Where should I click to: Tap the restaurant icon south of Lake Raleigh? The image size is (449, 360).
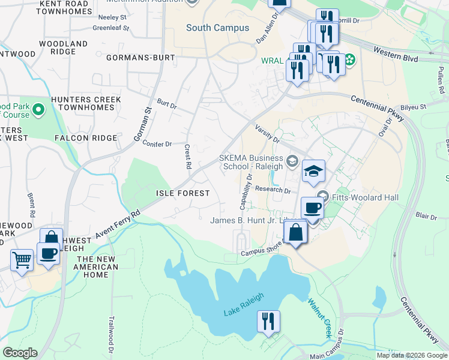click(268, 321)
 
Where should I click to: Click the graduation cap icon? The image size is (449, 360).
click(313, 172)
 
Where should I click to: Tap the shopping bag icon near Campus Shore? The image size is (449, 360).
click(295, 232)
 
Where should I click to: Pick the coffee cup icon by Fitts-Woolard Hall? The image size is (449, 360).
click(312, 208)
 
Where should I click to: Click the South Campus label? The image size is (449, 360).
click(217, 28)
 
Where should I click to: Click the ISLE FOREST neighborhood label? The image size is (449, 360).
click(182, 193)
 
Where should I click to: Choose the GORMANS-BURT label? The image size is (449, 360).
click(140, 58)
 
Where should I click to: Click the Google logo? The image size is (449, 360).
click(19, 353)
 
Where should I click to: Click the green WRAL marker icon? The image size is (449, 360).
click(348, 60)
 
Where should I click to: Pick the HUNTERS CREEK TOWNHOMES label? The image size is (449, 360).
click(86, 103)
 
